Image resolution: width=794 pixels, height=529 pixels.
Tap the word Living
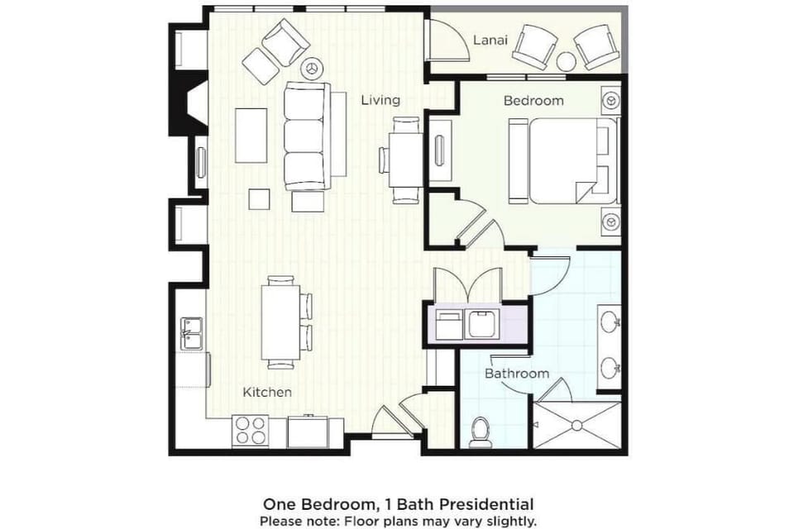(380, 100)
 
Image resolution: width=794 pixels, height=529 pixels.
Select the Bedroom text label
(533, 101)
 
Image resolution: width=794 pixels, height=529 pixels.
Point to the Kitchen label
(267, 392)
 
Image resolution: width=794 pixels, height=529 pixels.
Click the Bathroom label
(517, 374)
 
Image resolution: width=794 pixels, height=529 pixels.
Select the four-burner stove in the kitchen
(251, 430)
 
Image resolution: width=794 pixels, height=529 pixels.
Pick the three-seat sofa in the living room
(306, 136)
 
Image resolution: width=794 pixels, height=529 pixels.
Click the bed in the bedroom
(571, 160)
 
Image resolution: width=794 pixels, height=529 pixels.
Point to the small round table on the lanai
(566, 62)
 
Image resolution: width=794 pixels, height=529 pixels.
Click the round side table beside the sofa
(313, 68)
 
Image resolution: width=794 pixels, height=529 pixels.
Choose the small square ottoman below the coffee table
(260, 199)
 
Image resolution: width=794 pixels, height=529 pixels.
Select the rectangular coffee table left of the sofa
(251, 136)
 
